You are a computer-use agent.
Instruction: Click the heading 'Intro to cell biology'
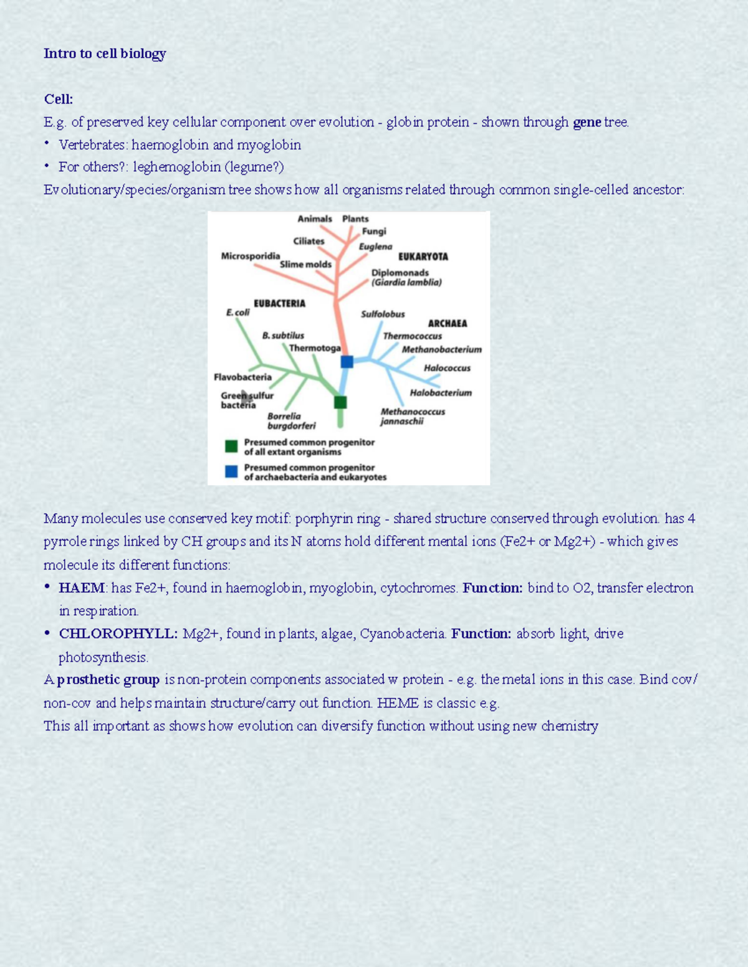[x=105, y=54]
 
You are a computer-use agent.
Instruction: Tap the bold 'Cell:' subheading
[x=59, y=99]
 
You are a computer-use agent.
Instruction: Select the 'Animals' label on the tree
[x=315, y=219]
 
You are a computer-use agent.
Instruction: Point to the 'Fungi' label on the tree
[x=374, y=231]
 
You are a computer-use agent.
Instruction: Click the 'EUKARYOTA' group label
[x=423, y=257]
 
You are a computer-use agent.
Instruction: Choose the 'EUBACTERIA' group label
[x=279, y=303]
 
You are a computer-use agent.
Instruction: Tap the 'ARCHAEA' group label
[x=447, y=323]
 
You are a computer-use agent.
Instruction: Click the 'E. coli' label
[x=237, y=312]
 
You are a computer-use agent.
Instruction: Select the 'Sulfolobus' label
[x=383, y=314]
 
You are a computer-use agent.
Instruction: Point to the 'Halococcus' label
[x=447, y=368]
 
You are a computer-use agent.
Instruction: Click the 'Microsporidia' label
[x=250, y=256]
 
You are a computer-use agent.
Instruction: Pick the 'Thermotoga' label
[x=315, y=348]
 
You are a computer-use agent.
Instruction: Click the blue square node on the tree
[x=347, y=362]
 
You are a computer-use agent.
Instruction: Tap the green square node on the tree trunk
[x=340, y=402]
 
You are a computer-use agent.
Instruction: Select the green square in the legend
[x=231, y=446]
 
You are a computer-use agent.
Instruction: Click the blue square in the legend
[x=231, y=471]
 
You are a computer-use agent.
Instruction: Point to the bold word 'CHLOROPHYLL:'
[x=118, y=634]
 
